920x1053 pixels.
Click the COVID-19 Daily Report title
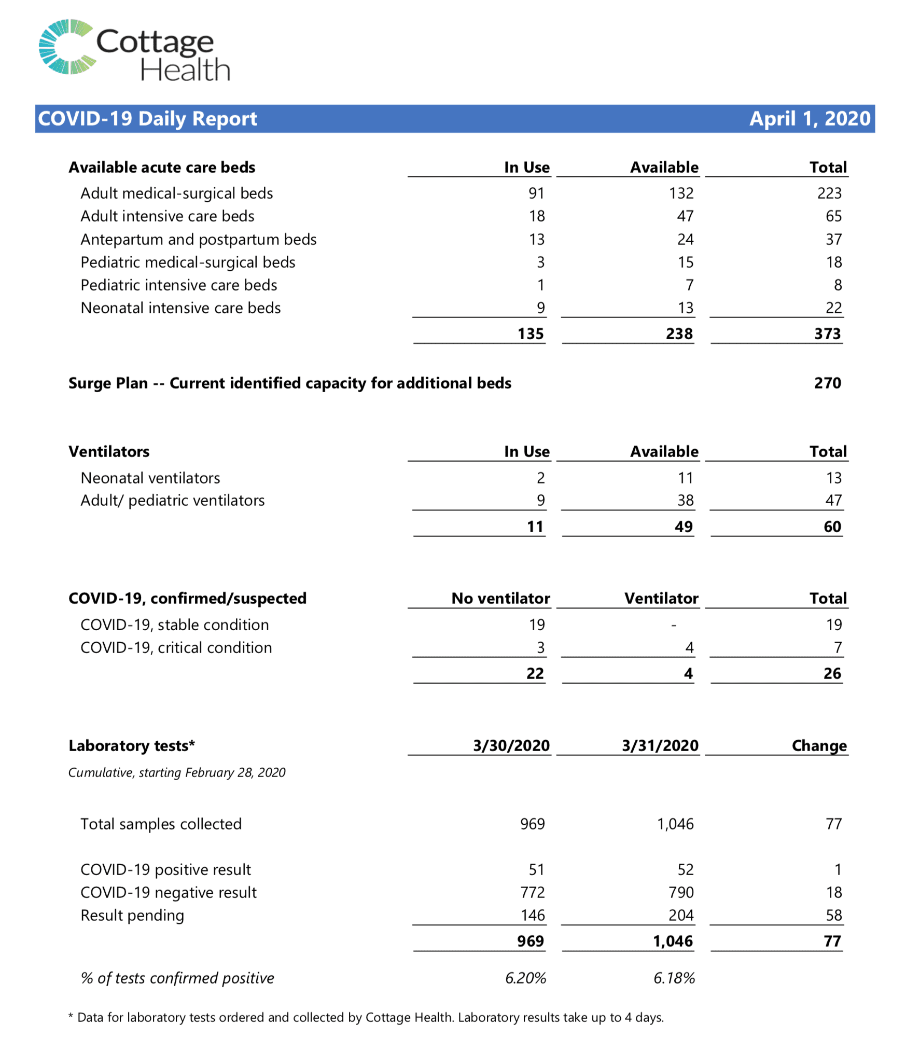pyautogui.click(x=148, y=119)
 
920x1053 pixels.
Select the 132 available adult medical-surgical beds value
pyautogui.click(x=681, y=193)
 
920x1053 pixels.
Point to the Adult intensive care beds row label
pyautogui.click(x=168, y=216)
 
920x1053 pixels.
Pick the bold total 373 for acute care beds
pyautogui.click(x=827, y=334)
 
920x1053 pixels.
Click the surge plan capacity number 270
pyautogui.click(x=827, y=383)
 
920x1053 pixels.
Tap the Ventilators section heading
pyautogui.click(x=109, y=452)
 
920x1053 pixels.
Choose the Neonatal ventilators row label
pyautogui.click(x=150, y=478)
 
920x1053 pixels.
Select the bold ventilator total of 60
pyautogui.click(x=832, y=527)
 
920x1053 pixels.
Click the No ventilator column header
pyautogui.click(x=500, y=599)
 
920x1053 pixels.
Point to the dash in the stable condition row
pyautogui.click(x=673, y=626)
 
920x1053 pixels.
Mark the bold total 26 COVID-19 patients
pyautogui.click(x=832, y=674)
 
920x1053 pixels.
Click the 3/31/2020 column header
pyautogui.click(x=660, y=746)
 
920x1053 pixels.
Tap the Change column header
pyautogui.click(x=819, y=746)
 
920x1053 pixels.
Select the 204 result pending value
pyautogui.click(x=680, y=916)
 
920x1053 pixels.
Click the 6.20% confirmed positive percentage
pyautogui.click(x=525, y=978)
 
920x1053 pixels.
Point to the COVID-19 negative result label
pyautogui.click(x=169, y=893)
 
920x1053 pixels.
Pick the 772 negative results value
pyautogui.click(x=533, y=893)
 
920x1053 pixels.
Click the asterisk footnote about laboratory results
pyautogui.click(x=366, y=1018)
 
